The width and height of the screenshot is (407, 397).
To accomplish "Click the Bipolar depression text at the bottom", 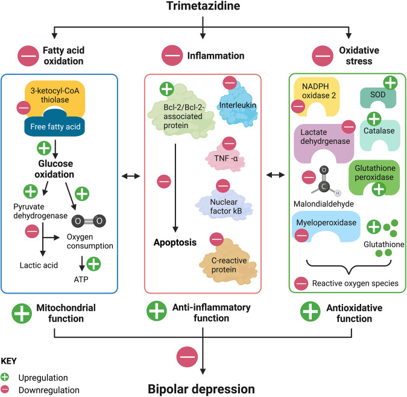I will (x=203, y=386).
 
